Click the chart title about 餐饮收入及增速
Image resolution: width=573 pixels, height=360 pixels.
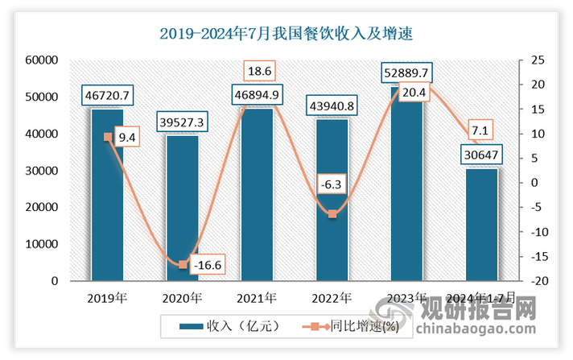click(x=286, y=33)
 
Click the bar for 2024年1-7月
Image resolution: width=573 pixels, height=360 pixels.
click(x=481, y=225)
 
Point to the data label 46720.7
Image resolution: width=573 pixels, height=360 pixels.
click(x=107, y=97)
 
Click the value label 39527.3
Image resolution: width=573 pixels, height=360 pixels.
click(x=182, y=122)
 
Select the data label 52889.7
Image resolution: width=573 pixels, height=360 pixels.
click(x=406, y=74)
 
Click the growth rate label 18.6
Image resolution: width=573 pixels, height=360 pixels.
click(x=258, y=71)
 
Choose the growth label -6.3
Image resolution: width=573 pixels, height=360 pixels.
click(x=332, y=184)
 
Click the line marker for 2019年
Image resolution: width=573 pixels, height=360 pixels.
click(x=107, y=137)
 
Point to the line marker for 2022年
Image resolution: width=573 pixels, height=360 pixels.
click(x=332, y=213)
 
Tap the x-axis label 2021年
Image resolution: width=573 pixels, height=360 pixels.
click(x=257, y=298)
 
